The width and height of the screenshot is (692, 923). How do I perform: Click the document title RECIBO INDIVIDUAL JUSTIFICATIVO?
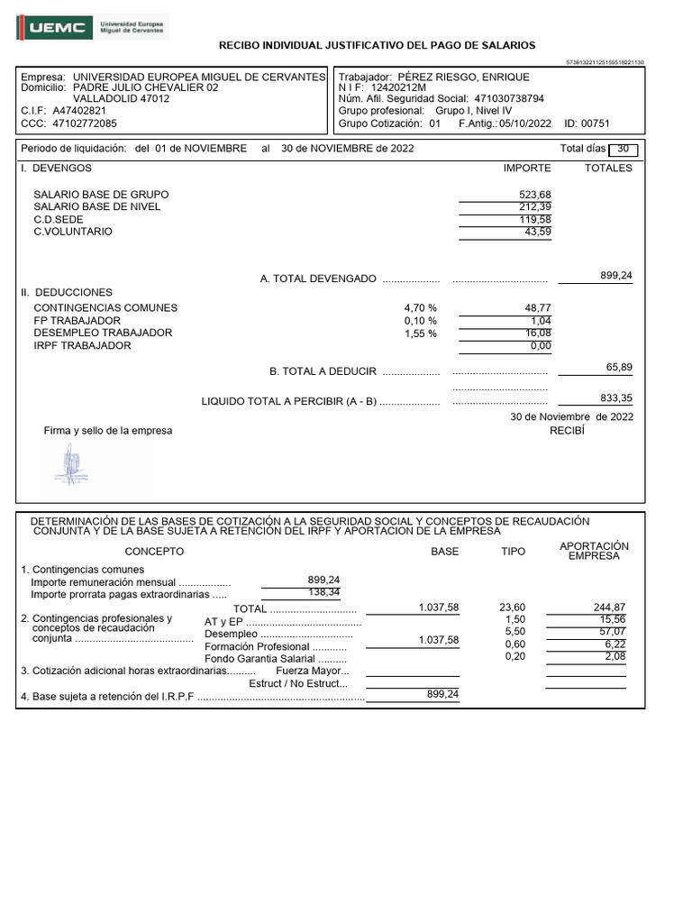(378, 45)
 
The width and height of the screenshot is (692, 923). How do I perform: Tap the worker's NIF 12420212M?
(399, 88)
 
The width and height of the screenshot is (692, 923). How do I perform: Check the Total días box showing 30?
(623, 149)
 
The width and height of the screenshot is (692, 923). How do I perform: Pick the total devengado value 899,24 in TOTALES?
(616, 276)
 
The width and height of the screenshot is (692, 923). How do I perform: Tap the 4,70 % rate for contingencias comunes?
(421, 308)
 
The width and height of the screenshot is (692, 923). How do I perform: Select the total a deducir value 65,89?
(619, 367)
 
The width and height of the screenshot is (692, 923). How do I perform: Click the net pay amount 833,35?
(616, 398)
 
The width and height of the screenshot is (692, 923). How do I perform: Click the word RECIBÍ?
(567, 431)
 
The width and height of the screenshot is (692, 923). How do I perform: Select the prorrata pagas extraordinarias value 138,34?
(323, 593)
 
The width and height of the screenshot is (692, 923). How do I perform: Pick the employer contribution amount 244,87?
(609, 608)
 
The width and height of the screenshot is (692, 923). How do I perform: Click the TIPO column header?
(513, 552)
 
